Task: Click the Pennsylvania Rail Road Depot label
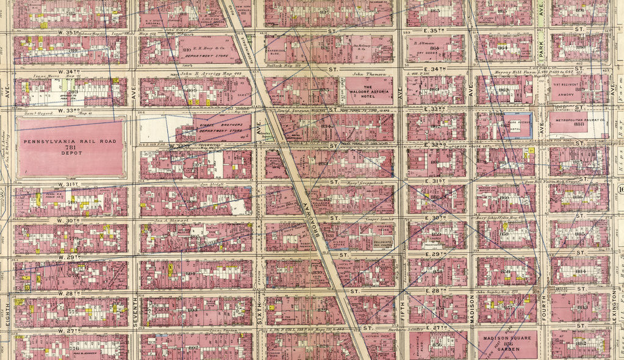(x=71, y=149)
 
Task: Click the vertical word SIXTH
(x=258, y=311)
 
